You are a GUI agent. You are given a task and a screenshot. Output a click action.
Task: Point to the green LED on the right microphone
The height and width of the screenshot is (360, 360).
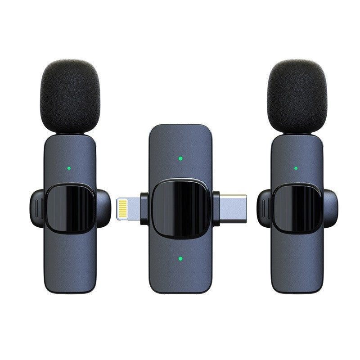[x=296, y=169]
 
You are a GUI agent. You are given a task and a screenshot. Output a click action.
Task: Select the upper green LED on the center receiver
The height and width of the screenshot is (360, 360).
[x=180, y=158]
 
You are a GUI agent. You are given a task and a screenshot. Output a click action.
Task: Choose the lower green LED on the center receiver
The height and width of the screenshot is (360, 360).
[x=180, y=259]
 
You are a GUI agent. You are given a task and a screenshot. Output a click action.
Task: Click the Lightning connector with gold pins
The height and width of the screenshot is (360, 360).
[x=128, y=208]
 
